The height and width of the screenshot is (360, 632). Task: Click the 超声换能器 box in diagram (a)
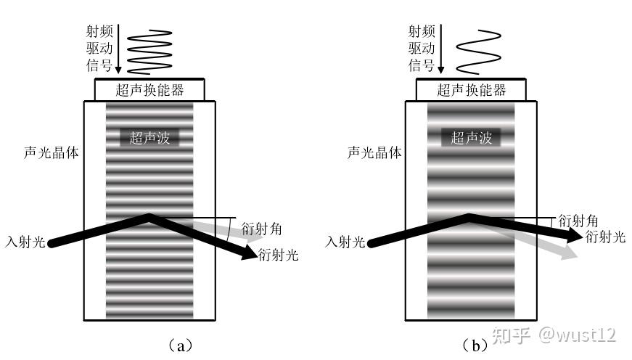149,90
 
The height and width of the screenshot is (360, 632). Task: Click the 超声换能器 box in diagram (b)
471,90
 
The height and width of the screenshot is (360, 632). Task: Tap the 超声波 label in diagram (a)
149,138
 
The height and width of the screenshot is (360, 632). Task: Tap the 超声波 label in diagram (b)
471,138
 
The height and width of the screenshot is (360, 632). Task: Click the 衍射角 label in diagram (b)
578,220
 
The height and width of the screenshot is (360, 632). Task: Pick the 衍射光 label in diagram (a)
278,255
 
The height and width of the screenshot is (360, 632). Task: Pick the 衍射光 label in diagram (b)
604,237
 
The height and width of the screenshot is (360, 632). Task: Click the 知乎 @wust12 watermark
555,335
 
